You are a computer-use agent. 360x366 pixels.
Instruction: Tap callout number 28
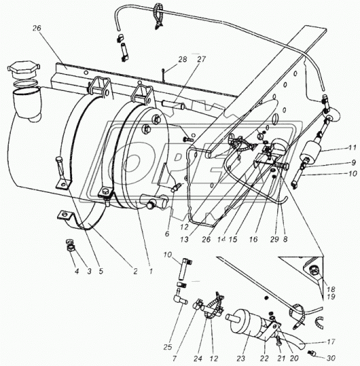click(x=182, y=59)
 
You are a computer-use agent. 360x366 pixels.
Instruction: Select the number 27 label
click(x=201, y=59)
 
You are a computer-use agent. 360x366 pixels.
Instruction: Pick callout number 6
click(x=167, y=234)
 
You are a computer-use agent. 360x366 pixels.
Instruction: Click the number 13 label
click(x=184, y=240)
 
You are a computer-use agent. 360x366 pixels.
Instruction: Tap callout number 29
click(x=274, y=239)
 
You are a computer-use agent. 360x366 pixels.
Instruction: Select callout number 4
click(x=77, y=271)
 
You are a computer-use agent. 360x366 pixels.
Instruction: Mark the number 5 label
click(x=101, y=271)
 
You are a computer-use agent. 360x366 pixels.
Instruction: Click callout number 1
click(x=151, y=271)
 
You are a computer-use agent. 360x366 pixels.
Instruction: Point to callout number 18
click(x=331, y=289)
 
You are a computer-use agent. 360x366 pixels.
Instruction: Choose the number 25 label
click(x=168, y=347)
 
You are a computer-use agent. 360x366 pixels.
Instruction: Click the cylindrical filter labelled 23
click(x=242, y=323)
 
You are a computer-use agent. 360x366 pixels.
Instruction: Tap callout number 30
click(x=331, y=358)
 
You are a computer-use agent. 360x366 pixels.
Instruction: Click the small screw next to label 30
click(x=312, y=353)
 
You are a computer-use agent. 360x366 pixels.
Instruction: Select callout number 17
click(x=331, y=342)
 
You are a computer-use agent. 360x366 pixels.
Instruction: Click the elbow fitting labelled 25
click(x=179, y=298)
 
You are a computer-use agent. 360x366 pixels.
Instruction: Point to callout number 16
click(x=253, y=239)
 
